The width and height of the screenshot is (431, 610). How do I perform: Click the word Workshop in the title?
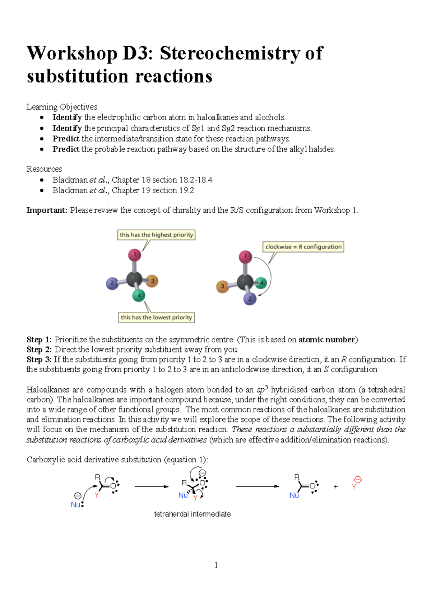pos(72,53)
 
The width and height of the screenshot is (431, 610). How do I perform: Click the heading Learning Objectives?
pos(62,107)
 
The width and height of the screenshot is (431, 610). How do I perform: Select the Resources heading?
pos(44,169)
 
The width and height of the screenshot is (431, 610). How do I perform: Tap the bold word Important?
pos(47,210)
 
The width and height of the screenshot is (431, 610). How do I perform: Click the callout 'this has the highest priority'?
pos(156,235)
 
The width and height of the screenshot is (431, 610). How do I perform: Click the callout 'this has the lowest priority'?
pos(156,318)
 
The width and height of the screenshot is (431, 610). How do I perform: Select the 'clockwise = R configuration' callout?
pos(303,247)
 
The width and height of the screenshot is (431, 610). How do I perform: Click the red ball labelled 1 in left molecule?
pos(135,255)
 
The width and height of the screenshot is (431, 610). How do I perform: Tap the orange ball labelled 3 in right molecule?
pos(222,286)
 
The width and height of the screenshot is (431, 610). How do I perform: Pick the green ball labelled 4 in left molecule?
pos(139,296)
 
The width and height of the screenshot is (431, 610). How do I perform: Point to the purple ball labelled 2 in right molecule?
pos(250,299)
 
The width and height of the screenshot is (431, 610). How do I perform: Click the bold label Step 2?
pos(39,350)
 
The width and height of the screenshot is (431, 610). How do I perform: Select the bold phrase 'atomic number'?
pos(326,339)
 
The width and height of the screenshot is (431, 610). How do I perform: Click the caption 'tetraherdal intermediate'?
pos(192,514)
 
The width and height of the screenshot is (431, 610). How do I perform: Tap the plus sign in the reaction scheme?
pos(335,486)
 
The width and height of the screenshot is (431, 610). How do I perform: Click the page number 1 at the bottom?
pos(216,565)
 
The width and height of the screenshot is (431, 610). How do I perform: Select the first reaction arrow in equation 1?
pos(151,486)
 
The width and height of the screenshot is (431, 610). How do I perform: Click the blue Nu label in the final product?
pos(294,495)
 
